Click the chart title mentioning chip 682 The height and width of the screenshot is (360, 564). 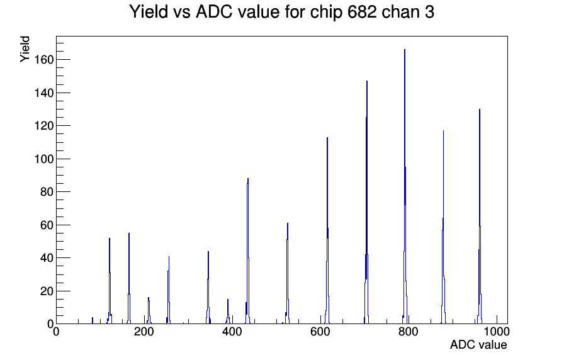click(x=281, y=12)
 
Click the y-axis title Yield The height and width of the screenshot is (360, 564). click(x=25, y=49)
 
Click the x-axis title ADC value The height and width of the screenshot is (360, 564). click(x=478, y=344)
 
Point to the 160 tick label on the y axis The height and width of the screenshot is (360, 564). click(x=44, y=60)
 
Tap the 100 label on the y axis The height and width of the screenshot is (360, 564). click(x=44, y=159)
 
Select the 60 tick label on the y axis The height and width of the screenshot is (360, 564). click(x=47, y=225)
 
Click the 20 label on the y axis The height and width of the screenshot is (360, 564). click(x=47, y=291)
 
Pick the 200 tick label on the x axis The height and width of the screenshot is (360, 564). click(x=144, y=331)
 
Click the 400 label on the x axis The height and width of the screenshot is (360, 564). click(x=232, y=331)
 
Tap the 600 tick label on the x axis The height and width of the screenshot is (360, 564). click(x=320, y=331)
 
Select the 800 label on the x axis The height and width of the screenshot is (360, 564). click(x=409, y=331)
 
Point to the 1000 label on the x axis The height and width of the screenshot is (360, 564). click(x=497, y=331)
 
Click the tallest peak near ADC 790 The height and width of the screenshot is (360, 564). click(x=405, y=50)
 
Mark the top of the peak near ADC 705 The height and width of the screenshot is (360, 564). click(x=367, y=81)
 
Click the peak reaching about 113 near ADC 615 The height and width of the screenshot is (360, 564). click(x=327, y=138)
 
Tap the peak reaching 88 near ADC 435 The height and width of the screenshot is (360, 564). click(x=248, y=179)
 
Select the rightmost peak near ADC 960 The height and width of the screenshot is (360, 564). click(x=480, y=110)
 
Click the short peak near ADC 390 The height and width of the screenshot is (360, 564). click(x=228, y=300)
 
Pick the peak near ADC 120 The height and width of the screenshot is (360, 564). click(x=110, y=239)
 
